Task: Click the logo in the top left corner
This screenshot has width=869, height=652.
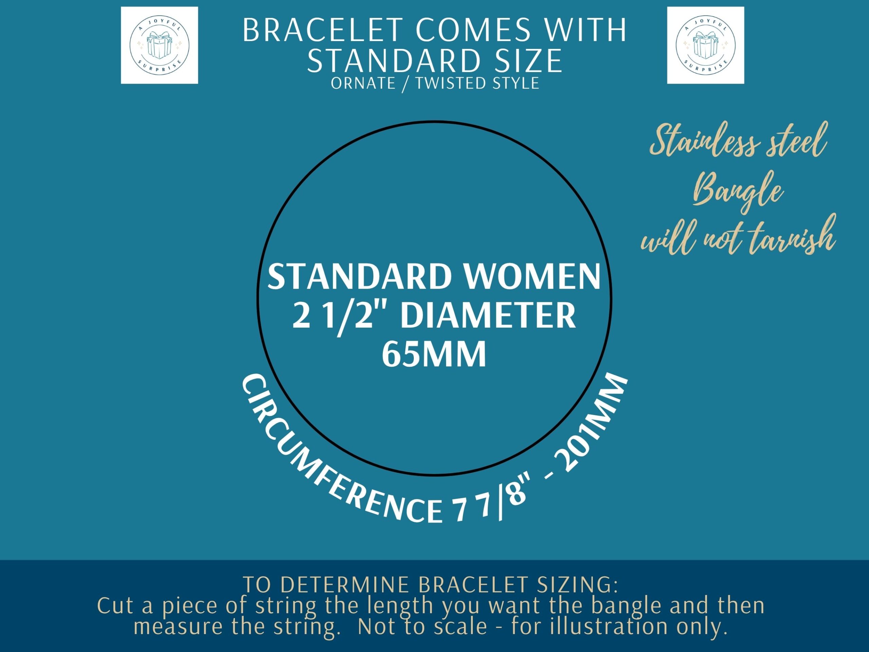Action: click(x=159, y=45)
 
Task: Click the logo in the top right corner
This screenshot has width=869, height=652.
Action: click(x=706, y=45)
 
